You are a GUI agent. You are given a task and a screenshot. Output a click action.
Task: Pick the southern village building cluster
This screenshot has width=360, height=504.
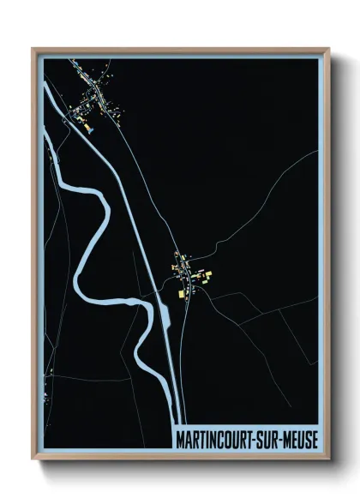190,276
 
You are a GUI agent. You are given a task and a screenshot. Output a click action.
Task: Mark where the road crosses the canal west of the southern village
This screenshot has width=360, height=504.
157,293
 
